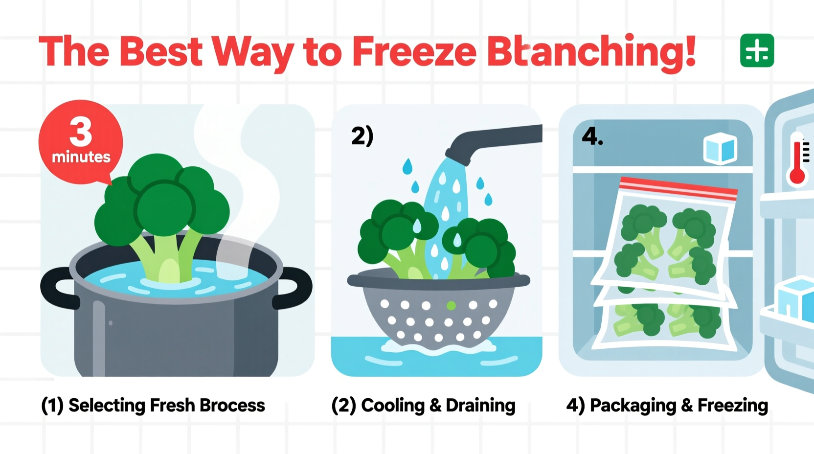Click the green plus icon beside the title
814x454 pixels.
pyautogui.click(x=757, y=50)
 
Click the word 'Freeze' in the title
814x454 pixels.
pyautogui.click(x=414, y=52)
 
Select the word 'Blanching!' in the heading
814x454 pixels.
pyautogui.click(x=591, y=52)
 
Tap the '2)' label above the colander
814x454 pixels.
pyautogui.click(x=362, y=136)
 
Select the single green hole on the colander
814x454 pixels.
pyautogui.click(x=451, y=306)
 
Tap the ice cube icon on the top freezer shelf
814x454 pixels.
pyautogui.click(x=720, y=148)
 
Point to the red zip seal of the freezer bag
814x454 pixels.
pyautogui.click(x=678, y=188)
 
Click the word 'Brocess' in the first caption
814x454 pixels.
pyautogui.click(x=232, y=406)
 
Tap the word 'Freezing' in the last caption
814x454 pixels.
pyautogui.click(x=732, y=406)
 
